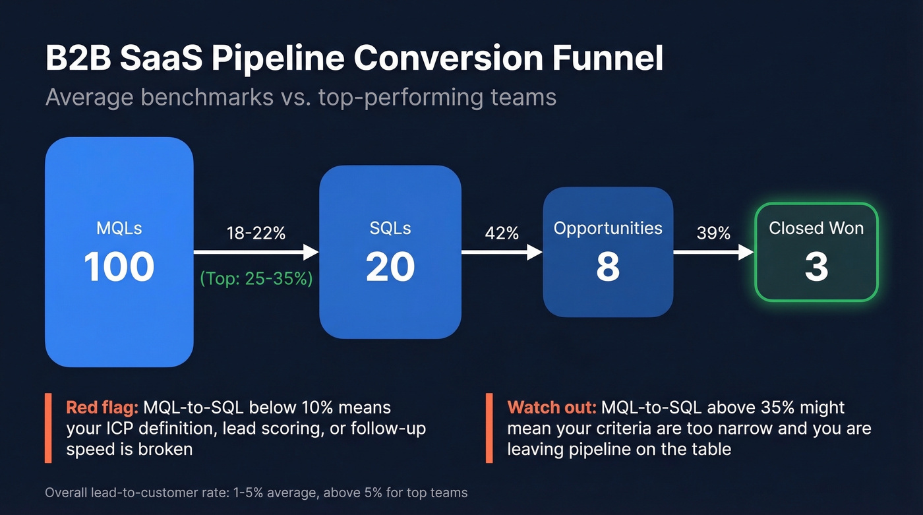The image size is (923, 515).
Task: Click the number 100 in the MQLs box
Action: tap(119, 266)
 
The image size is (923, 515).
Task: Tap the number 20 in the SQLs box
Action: tap(390, 267)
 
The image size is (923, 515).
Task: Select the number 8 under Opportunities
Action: tap(608, 267)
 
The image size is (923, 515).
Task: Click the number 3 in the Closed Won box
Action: tap(816, 268)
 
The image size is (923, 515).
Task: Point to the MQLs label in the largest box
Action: tap(119, 229)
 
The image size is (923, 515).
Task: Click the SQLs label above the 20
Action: tap(390, 228)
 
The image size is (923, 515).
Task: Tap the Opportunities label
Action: tap(608, 228)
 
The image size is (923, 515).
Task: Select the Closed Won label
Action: tap(816, 228)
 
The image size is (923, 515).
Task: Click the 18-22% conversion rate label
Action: tap(256, 233)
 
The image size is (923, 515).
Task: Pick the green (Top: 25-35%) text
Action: tap(256, 278)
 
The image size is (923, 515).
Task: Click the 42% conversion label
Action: tap(502, 233)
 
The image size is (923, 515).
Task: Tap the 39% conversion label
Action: tap(713, 233)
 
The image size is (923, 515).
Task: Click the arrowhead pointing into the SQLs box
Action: tap(311, 252)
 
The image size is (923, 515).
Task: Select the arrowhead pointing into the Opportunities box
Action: tap(535, 252)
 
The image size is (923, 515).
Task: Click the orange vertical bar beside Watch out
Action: tap(489, 428)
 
